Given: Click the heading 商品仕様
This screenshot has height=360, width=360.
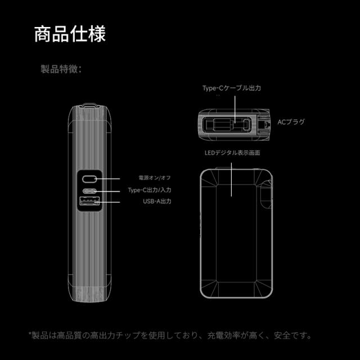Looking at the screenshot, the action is point(70,34).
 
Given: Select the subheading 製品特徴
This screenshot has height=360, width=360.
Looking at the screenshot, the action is point(61,69).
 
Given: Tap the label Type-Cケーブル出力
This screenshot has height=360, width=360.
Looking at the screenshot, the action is point(231,88).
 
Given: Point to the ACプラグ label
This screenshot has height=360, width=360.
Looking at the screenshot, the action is point(291,122).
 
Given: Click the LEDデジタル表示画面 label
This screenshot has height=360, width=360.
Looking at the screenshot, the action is point(232,152).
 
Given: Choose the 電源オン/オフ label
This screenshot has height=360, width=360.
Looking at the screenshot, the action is point(155,178).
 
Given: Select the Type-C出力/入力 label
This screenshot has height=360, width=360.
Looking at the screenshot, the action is point(150,190).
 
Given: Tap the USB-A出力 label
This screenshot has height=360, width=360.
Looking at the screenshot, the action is point(157,201).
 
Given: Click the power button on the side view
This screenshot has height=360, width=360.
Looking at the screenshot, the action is point(89,179).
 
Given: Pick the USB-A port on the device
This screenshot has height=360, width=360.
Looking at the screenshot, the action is point(89,201).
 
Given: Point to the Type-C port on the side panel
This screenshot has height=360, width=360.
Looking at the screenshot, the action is point(89,191).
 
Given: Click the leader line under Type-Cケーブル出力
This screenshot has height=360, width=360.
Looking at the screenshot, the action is point(235,109).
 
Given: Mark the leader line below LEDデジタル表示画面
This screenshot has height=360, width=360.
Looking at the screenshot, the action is point(231,179).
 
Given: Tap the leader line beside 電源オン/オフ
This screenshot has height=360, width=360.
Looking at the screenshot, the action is point(107,179).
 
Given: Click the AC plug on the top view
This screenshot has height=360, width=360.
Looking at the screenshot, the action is point(264,124).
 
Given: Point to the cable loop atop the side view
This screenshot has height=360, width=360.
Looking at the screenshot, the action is point(89,106).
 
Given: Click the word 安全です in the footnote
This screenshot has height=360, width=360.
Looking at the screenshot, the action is point(292,335).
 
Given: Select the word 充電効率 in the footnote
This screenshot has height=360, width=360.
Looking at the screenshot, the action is point(224,335).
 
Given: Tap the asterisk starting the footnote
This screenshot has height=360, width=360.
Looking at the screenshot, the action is point(30,334).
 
